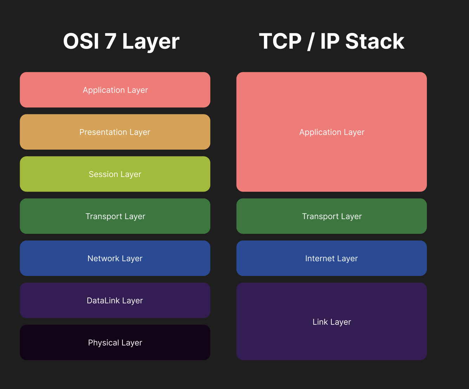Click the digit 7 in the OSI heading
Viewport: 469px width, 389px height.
coord(110,41)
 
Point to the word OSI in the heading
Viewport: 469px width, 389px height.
coord(81,41)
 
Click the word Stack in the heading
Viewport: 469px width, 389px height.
coord(375,41)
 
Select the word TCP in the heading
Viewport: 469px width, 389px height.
coord(280,41)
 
